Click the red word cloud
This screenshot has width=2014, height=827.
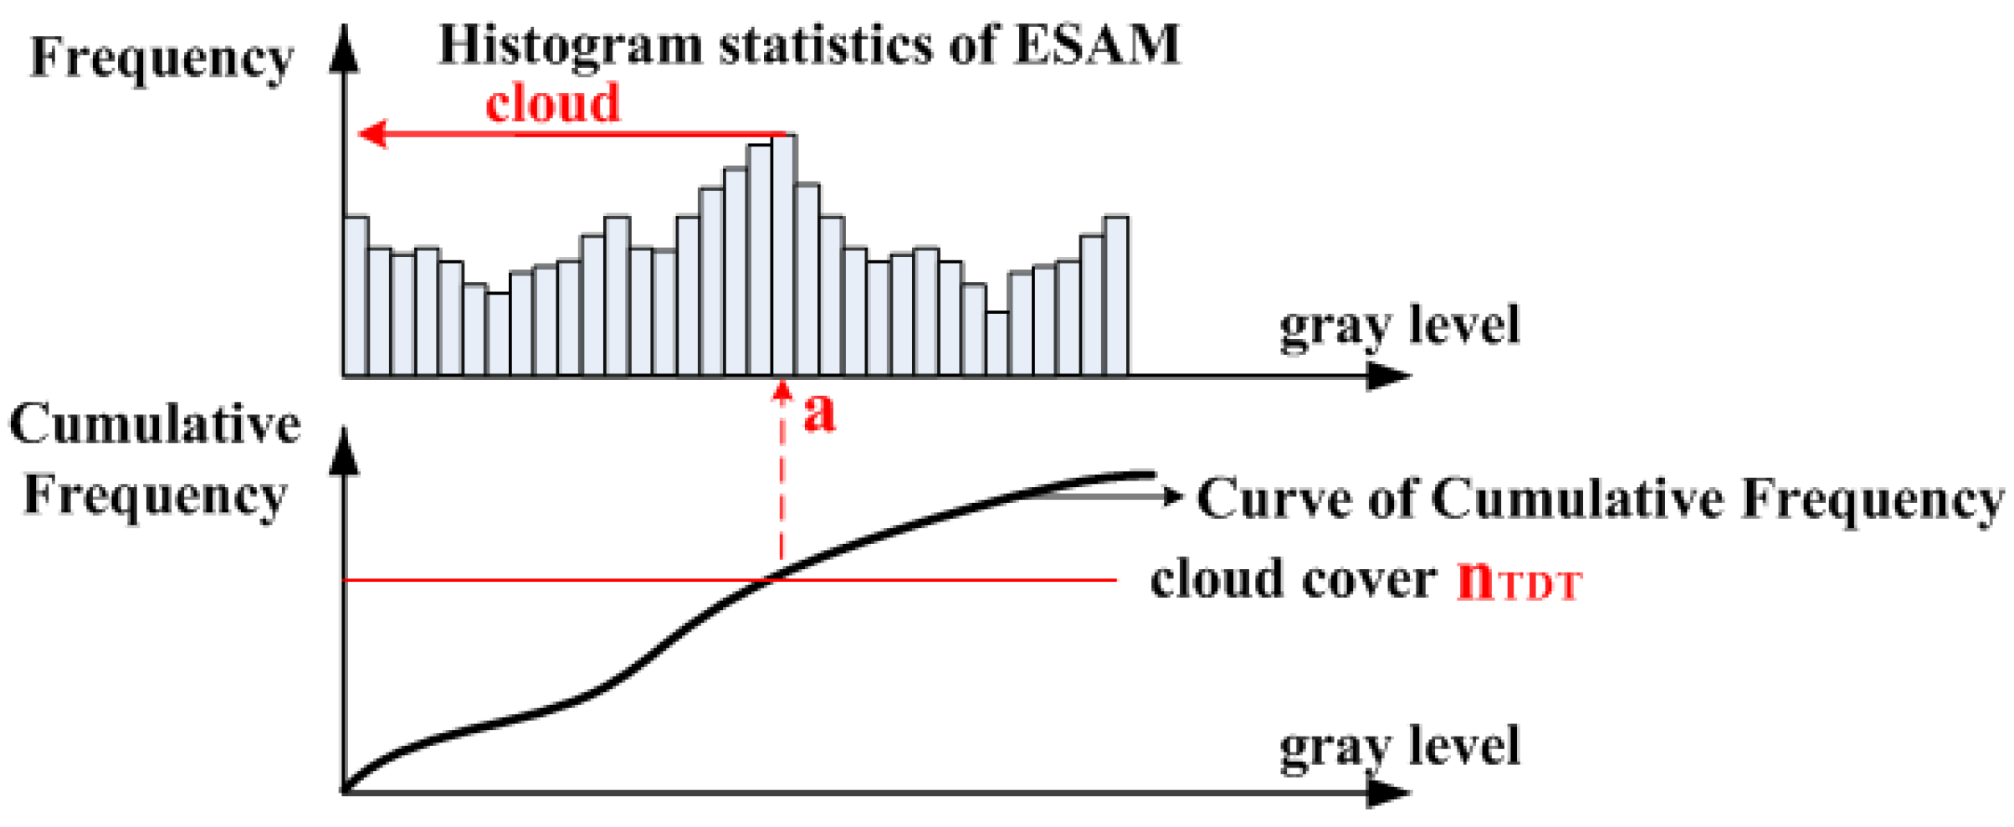pyautogui.click(x=553, y=104)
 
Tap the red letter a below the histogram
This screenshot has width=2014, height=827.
pyautogui.click(x=818, y=413)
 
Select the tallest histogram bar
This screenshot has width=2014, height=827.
pyautogui.click(x=783, y=255)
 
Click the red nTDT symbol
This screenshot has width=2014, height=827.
pyautogui.click(x=1518, y=580)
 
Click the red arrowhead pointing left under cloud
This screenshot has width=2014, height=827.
pyautogui.click(x=372, y=134)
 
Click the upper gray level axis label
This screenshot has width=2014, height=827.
pyautogui.click(x=1399, y=326)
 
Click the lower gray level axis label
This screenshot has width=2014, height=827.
pyautogui.click(x=1399, y=747)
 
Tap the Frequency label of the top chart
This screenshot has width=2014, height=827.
pyautogui.click(x=161, y=60)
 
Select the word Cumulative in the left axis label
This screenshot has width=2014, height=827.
pyautogui.click(x=155, y=424)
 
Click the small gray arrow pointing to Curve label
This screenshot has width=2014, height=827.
pyautogui.click(x=1171, y=496)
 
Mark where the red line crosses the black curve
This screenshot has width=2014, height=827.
pyautogui.click(x=771, y=579)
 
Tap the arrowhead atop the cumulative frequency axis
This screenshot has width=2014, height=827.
pyautogui.click(x=345, y=452)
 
